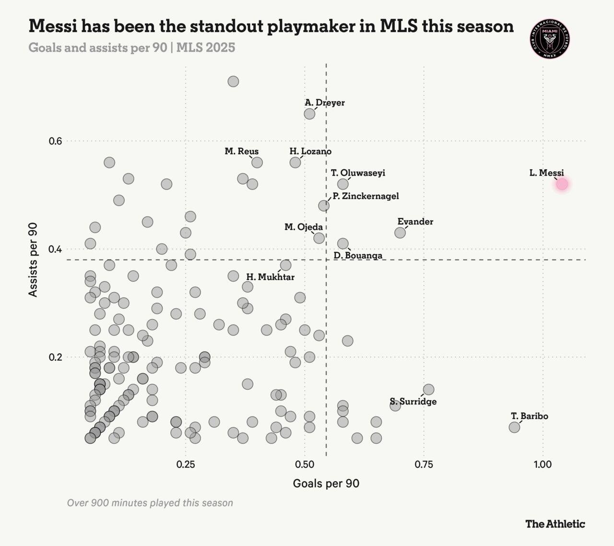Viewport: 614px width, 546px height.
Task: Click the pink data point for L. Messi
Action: pos(562,184)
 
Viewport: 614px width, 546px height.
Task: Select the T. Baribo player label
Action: pos(529,416)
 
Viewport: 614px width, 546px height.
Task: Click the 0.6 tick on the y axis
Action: pos(56,141)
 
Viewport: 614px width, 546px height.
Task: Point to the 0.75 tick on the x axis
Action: pos(424,465)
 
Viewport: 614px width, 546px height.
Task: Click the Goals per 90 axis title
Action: pos(326,484)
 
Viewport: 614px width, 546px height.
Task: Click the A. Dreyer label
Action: pos(324,103)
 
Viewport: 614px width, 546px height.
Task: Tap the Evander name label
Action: pos(415,222)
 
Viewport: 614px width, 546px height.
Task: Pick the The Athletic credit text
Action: pos(555,524)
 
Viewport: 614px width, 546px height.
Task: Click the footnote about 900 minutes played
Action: pos(150,503)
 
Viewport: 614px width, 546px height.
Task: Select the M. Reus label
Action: pos(241,152)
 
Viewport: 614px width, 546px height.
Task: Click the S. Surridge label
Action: pos(413,402)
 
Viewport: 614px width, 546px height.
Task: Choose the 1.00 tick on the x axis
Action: pos(543,465)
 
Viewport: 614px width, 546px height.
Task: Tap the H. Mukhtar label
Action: pos(270,277)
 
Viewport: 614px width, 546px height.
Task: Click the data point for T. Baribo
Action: pos(514,427)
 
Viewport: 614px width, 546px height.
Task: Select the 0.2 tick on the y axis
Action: pos(56,357)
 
